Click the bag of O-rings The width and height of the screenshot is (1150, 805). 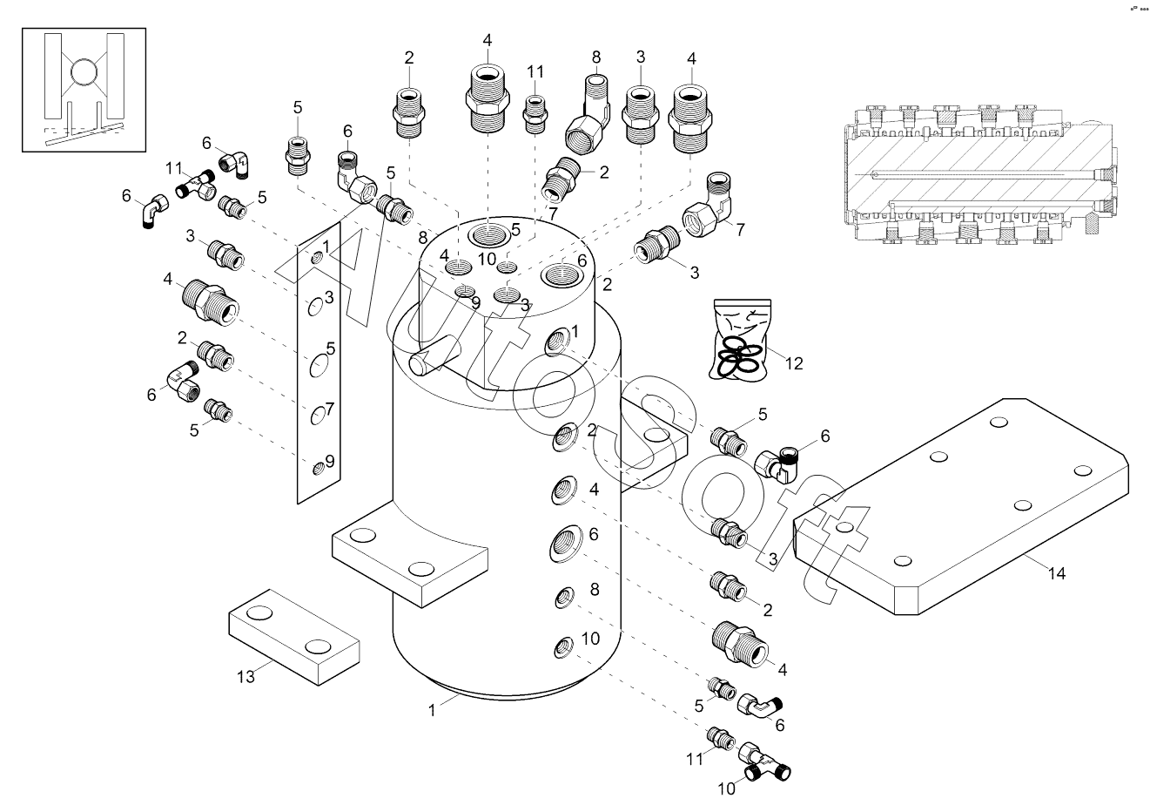741,341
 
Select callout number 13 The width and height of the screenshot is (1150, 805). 246,676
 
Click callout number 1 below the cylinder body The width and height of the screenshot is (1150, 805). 432,710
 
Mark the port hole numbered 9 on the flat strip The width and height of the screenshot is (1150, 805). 318,470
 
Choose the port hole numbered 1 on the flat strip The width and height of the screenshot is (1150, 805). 316,258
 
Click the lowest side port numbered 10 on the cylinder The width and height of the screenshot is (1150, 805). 563,648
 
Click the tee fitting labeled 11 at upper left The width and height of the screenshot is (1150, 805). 197,184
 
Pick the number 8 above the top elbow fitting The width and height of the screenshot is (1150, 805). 596,57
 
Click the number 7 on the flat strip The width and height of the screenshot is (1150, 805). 330,409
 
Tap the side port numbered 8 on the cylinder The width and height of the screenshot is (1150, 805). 563,598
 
